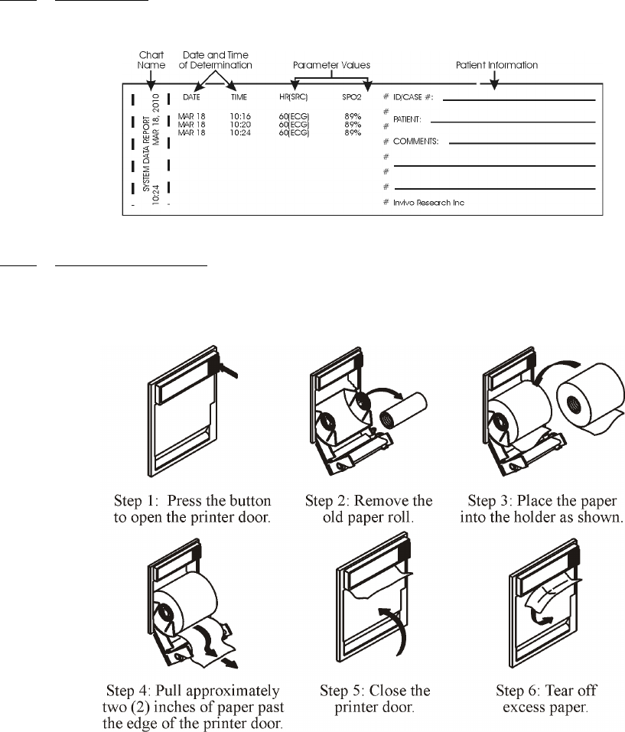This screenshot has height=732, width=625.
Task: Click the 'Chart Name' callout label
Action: tap(150, 60)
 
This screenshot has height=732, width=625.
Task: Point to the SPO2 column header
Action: tap(352, 98)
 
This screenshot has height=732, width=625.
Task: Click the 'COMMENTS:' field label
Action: tap(418, 142)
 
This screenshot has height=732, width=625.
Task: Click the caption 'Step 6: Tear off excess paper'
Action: tap(550, 699)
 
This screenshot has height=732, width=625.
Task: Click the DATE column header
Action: tap(191, 98)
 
